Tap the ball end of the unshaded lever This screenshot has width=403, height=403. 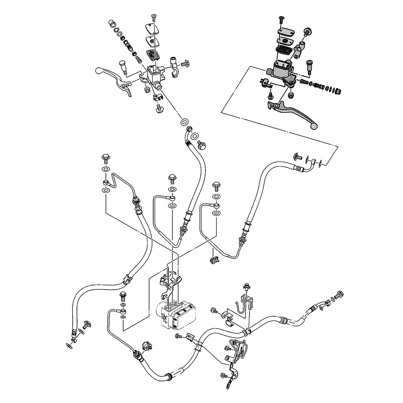coord(98,71)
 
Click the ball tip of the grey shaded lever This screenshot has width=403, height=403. coord(315,127)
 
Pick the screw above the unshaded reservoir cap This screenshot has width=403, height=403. coord(153,17)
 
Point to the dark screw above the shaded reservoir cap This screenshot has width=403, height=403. coord(280,19)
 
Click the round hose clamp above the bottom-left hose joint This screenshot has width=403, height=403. coord(146,345)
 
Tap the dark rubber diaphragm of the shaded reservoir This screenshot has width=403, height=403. coord(282,50)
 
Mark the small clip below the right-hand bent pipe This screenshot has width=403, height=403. coord(214,259)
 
